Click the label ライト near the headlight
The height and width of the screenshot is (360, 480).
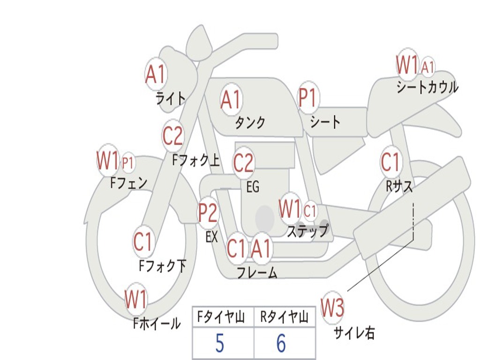tap(171, 98)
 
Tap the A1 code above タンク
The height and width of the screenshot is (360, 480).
tap(231, 99)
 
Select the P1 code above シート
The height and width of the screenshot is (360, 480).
tap(308, 98)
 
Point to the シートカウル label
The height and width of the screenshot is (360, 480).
tap(427, 87)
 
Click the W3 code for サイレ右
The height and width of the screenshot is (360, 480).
tap(332, 308)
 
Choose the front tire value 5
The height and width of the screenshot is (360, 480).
tap(219, 344)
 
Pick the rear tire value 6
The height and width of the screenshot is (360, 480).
tap(281, 344)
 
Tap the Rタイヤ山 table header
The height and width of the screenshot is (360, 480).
tap(285, 318)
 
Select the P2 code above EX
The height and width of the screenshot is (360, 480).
tap(208, 213)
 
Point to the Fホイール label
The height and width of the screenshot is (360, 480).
tap(157, 323)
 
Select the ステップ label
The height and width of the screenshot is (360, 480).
tap(307, 231)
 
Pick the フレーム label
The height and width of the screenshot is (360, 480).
tap(257, 272)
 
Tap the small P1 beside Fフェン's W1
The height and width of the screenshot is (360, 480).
tap(128, 164)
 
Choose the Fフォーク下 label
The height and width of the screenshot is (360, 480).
tap(162, 266)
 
